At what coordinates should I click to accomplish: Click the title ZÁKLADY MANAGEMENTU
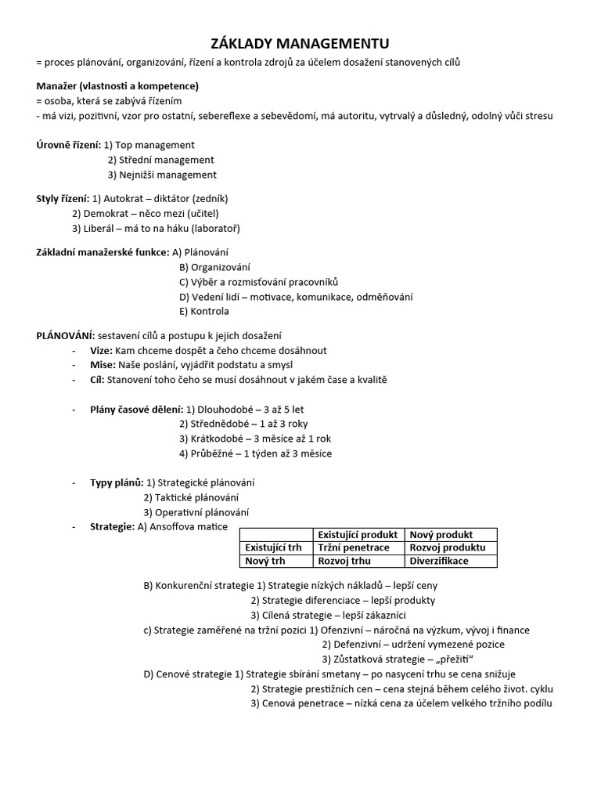[x=300, y=43]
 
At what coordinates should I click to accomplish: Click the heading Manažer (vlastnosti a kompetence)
[x=117, y=86]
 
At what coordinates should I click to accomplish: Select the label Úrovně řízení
[x=68, y=145]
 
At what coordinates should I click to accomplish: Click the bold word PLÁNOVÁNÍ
[x=65, y=335]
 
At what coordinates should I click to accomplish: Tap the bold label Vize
[x=102, y=350]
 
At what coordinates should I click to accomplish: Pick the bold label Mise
[x=103, y=365]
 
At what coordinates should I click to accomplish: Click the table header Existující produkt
[x=358, y=535]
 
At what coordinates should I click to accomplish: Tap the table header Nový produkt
[x=441, y=535]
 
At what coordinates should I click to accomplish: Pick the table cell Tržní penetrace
[x=354, y=547]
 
